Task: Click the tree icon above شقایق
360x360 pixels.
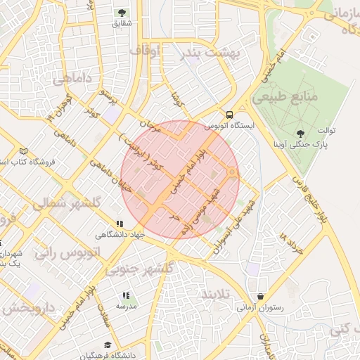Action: (122, 13)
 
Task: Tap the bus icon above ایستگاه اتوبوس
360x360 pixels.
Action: (229, 115)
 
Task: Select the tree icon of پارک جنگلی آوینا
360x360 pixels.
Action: (302, 133)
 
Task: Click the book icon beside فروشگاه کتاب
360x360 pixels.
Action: (24, 151)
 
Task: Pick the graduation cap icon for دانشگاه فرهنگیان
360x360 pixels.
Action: (108, 345)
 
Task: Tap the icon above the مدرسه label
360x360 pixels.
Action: (126, 296)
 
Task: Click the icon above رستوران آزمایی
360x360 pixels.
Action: (262, 297)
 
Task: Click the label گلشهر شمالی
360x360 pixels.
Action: (67, 202)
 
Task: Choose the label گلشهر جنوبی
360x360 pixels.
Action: (139, 270)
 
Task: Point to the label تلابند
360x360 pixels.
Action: (216, 292)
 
